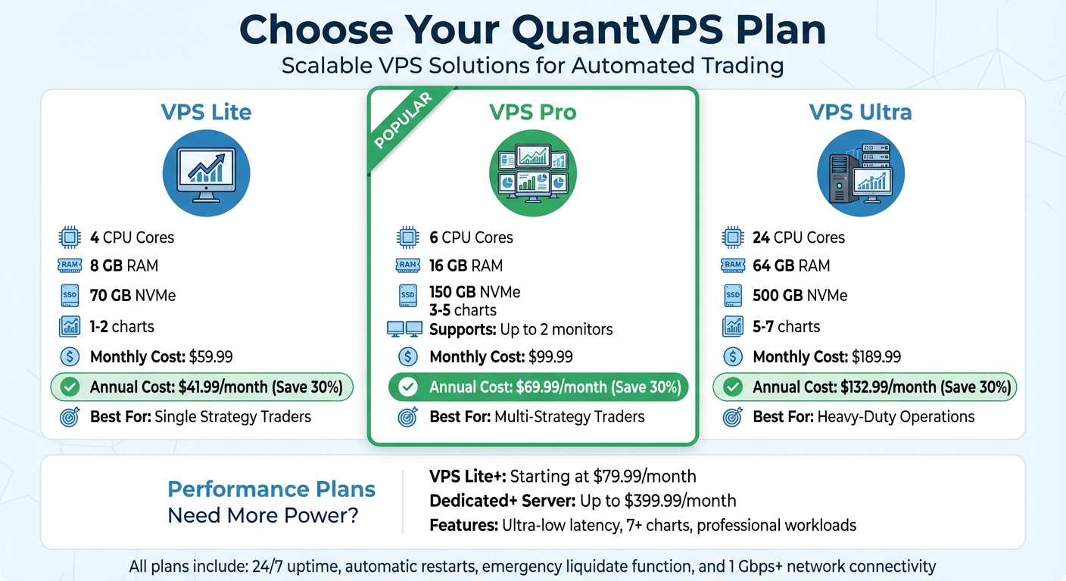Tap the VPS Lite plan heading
[206, 112]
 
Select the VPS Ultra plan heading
[860, 112]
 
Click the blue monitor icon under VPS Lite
[206, 173]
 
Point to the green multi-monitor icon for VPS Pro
[532, 173]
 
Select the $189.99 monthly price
[876, 357]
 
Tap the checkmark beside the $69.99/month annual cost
[408, 387]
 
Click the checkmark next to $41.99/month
[70, 387]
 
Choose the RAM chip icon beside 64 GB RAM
[732, 266]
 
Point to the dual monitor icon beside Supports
[404, 329]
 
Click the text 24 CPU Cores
[799, 238]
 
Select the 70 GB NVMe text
[132, 295]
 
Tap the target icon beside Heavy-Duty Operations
[732, 417]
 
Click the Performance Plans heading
[271, 489]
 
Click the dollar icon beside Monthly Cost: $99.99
[407, 357]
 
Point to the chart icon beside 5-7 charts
[732, 326]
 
